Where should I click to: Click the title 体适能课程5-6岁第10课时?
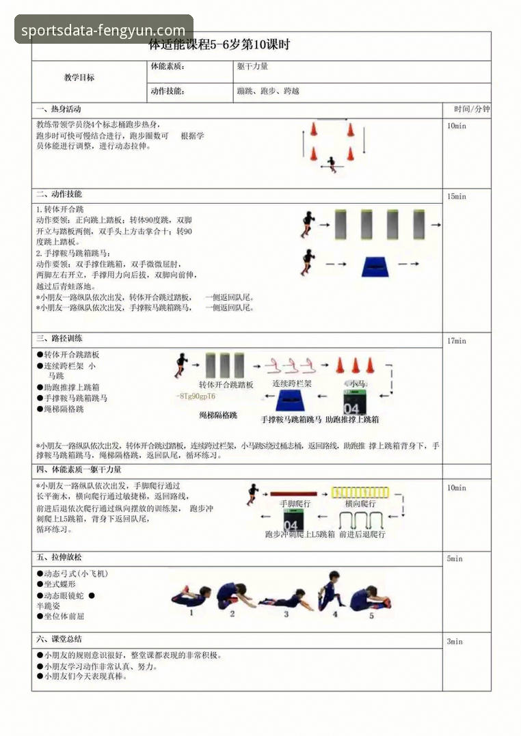click(219, 45)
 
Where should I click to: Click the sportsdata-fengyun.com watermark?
click(103, 30)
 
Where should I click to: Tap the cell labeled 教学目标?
click(79, 77)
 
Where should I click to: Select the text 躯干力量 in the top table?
click(252, 67)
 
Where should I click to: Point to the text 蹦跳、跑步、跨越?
click(268, 91)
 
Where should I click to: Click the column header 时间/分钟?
click(472, 109)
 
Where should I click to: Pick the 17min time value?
click(456, 341)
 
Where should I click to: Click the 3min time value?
click(455, 642)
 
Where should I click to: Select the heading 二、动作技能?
click(59, 194)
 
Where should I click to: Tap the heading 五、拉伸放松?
click(59, 558)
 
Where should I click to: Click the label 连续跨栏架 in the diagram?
click(292, 383)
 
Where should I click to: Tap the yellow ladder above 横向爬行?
click(360, 492)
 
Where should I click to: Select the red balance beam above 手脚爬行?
click(293, 493)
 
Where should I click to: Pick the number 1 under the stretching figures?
click(191, 613)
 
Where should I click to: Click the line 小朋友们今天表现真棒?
click(85, 677)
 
